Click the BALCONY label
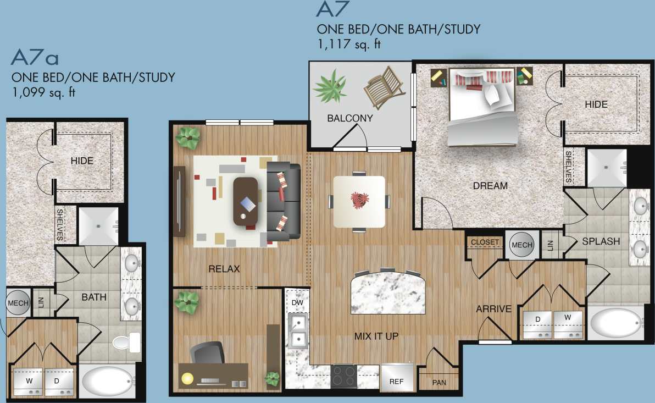tap(350, 118)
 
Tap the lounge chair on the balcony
tap(385, 87)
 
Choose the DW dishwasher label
tap(297, 303)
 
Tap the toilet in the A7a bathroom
tap(126, 343)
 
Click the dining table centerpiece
tap(360, 200)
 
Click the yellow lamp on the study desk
tap(188, 378)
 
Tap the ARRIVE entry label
tap(493, 309)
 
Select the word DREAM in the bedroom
tap(490, 186)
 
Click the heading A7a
tap(35, 57)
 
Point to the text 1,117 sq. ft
tap(349, 44)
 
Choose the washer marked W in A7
tap(568, 324)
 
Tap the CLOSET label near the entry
tap(485, 242)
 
